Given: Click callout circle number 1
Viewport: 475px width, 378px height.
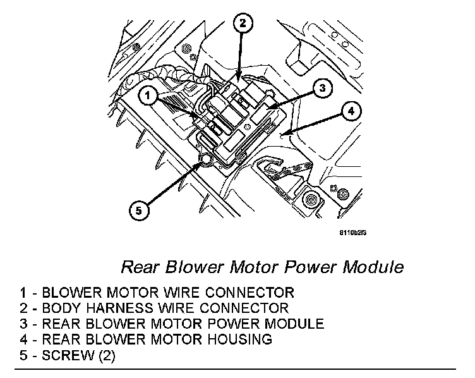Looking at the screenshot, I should coord(147,95).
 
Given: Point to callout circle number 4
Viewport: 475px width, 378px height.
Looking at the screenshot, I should coord(352,112).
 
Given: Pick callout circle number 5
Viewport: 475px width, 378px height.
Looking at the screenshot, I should coord(141,208).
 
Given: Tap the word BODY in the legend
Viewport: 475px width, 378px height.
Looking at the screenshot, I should coord(62,308).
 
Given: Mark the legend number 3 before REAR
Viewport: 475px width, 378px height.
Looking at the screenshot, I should coord(23,324).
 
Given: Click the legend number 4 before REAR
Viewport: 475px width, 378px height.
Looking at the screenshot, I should coord(23,339).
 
